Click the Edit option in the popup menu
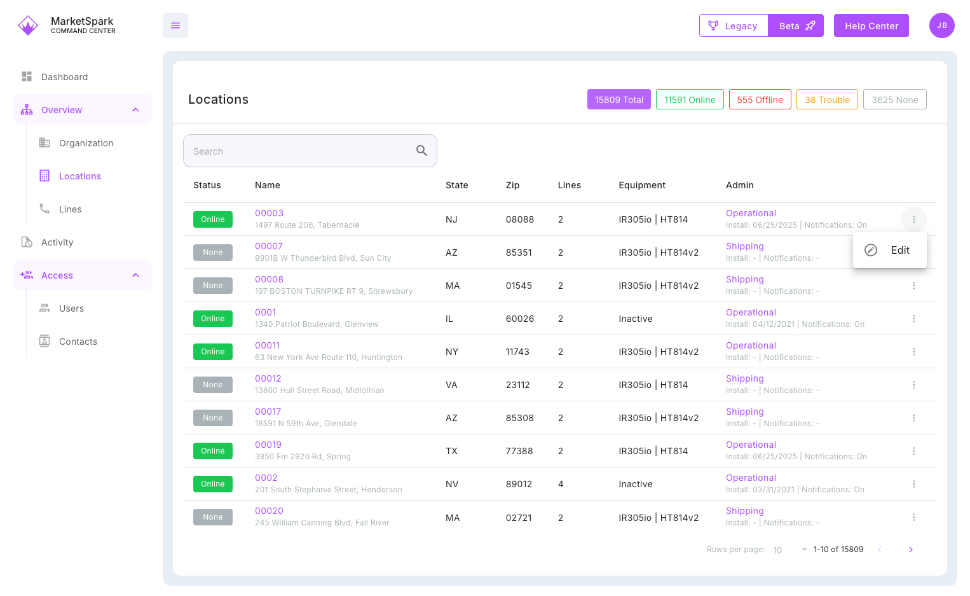(x=889, y=251)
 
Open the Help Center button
(x=871, y=26)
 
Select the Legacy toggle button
(x=734, y=26)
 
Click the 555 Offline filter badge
(x=760, y=100)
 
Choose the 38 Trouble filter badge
(x=827, y=100)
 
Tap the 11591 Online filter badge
(x=690, y=100)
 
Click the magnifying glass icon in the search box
(x=421, y=151)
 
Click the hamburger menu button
(x=175, y=25)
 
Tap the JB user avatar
(x=941, y=25)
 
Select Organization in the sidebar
(x=86, y=143)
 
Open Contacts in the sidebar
(x=78, y=342)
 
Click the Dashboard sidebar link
(x=64, y=77)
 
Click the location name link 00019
(x=268, y=445)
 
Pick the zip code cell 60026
(x=519, y=319)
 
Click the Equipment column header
(x=642, y=185)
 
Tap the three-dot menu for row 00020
(x=913, y=517)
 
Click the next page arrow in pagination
(x=910, y=550)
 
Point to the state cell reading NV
(x=452, y=484)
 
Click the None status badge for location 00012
(x=213, y=385)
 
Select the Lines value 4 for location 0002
(x=561, y=484)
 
